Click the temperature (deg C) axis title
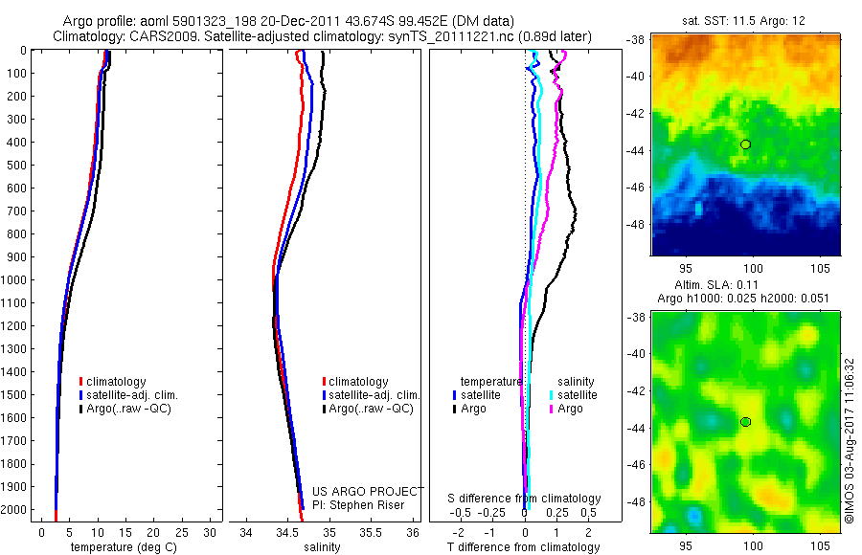(122, 547)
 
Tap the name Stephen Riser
(367, 505)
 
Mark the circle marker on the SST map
(745, 144)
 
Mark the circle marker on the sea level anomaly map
(745, 422)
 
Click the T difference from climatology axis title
(523, 547)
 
